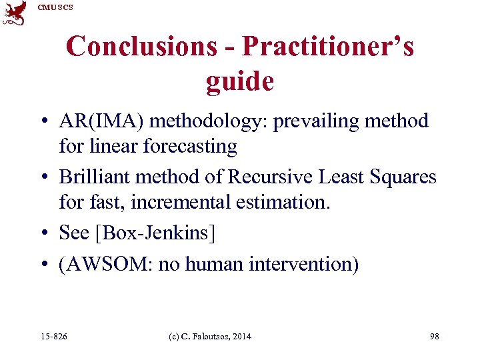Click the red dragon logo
[x=14, y=13]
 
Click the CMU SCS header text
[x=55, y=7]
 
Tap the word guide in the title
[x=239, y=81]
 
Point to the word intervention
[x=303, y=265]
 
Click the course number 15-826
[x=54, y=337]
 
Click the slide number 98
[x=435, y=337]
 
